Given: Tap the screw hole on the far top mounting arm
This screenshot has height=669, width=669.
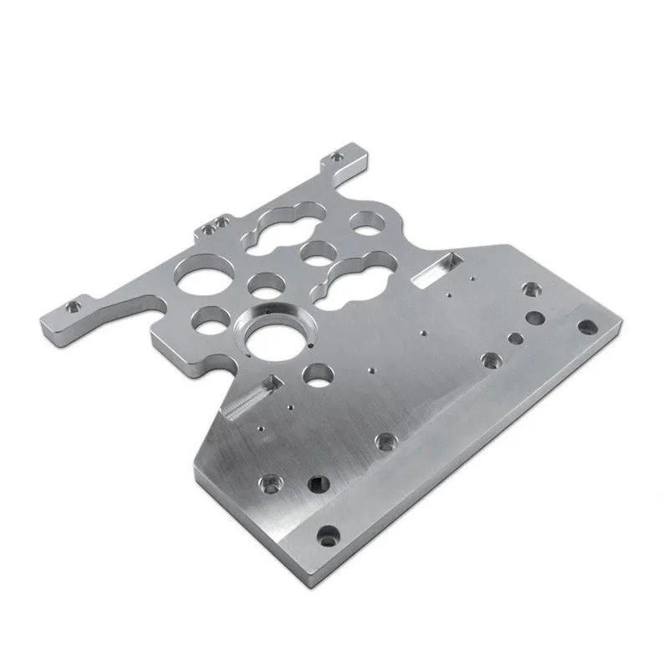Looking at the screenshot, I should click(338, 156).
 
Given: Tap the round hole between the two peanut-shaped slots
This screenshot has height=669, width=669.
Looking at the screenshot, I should click(317, 252).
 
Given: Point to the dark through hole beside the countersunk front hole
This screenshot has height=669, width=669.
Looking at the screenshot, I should click(318, 483).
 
